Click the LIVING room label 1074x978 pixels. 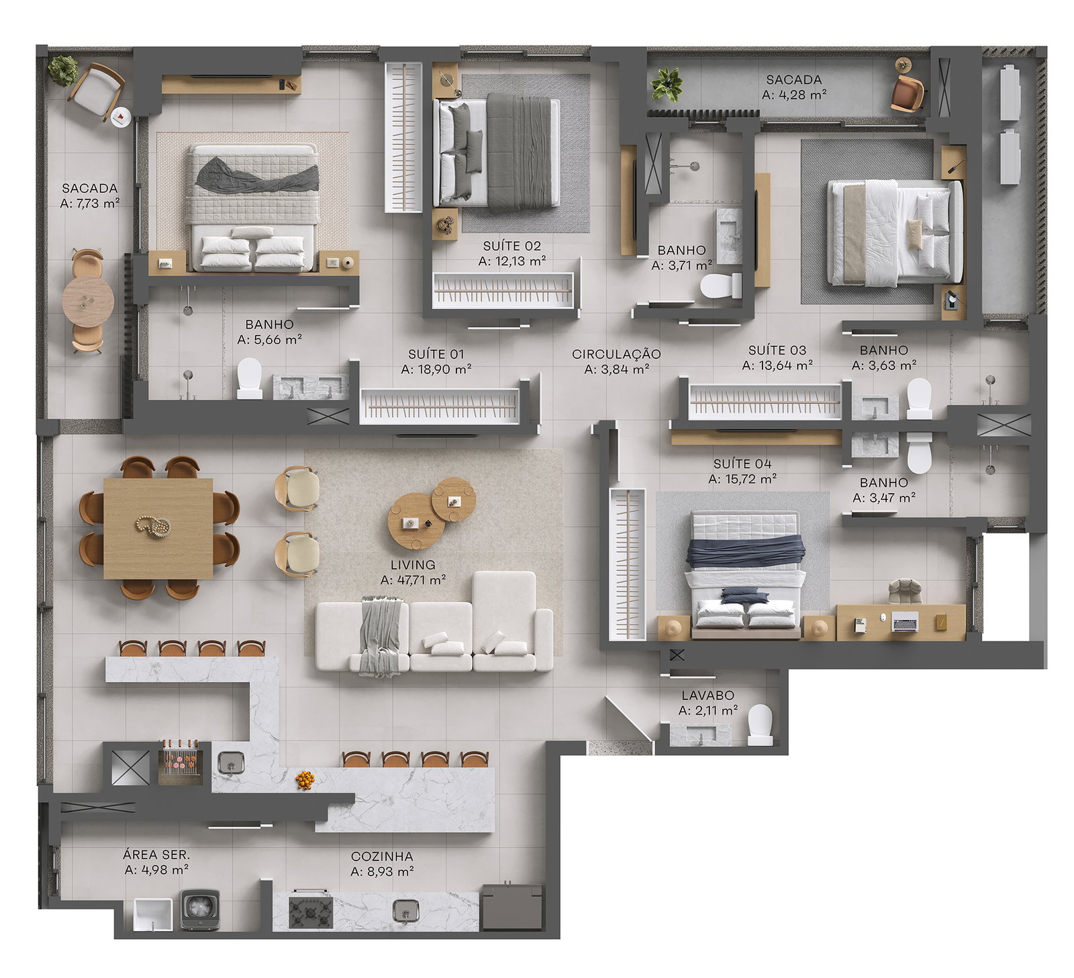coord(413,565)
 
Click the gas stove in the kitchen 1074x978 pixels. coord(311,912)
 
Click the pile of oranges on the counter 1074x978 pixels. coord(305,780)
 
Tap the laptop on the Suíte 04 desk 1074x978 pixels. coord(904,623)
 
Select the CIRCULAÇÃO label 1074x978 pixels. coord(616,354)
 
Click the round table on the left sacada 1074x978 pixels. coord(88,302)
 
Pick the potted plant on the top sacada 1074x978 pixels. coord(667,85)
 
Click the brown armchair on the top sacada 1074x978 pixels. coord(907,93)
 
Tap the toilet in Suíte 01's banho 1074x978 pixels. coord(250,378)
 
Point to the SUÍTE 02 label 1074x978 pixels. coord(511,246)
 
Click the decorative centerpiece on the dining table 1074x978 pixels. coord(154,525)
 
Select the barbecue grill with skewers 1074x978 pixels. coord(181,762)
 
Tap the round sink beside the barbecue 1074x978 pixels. coord(231,762)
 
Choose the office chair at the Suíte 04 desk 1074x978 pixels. coord(905,591)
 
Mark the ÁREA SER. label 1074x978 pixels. coord(156,854)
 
